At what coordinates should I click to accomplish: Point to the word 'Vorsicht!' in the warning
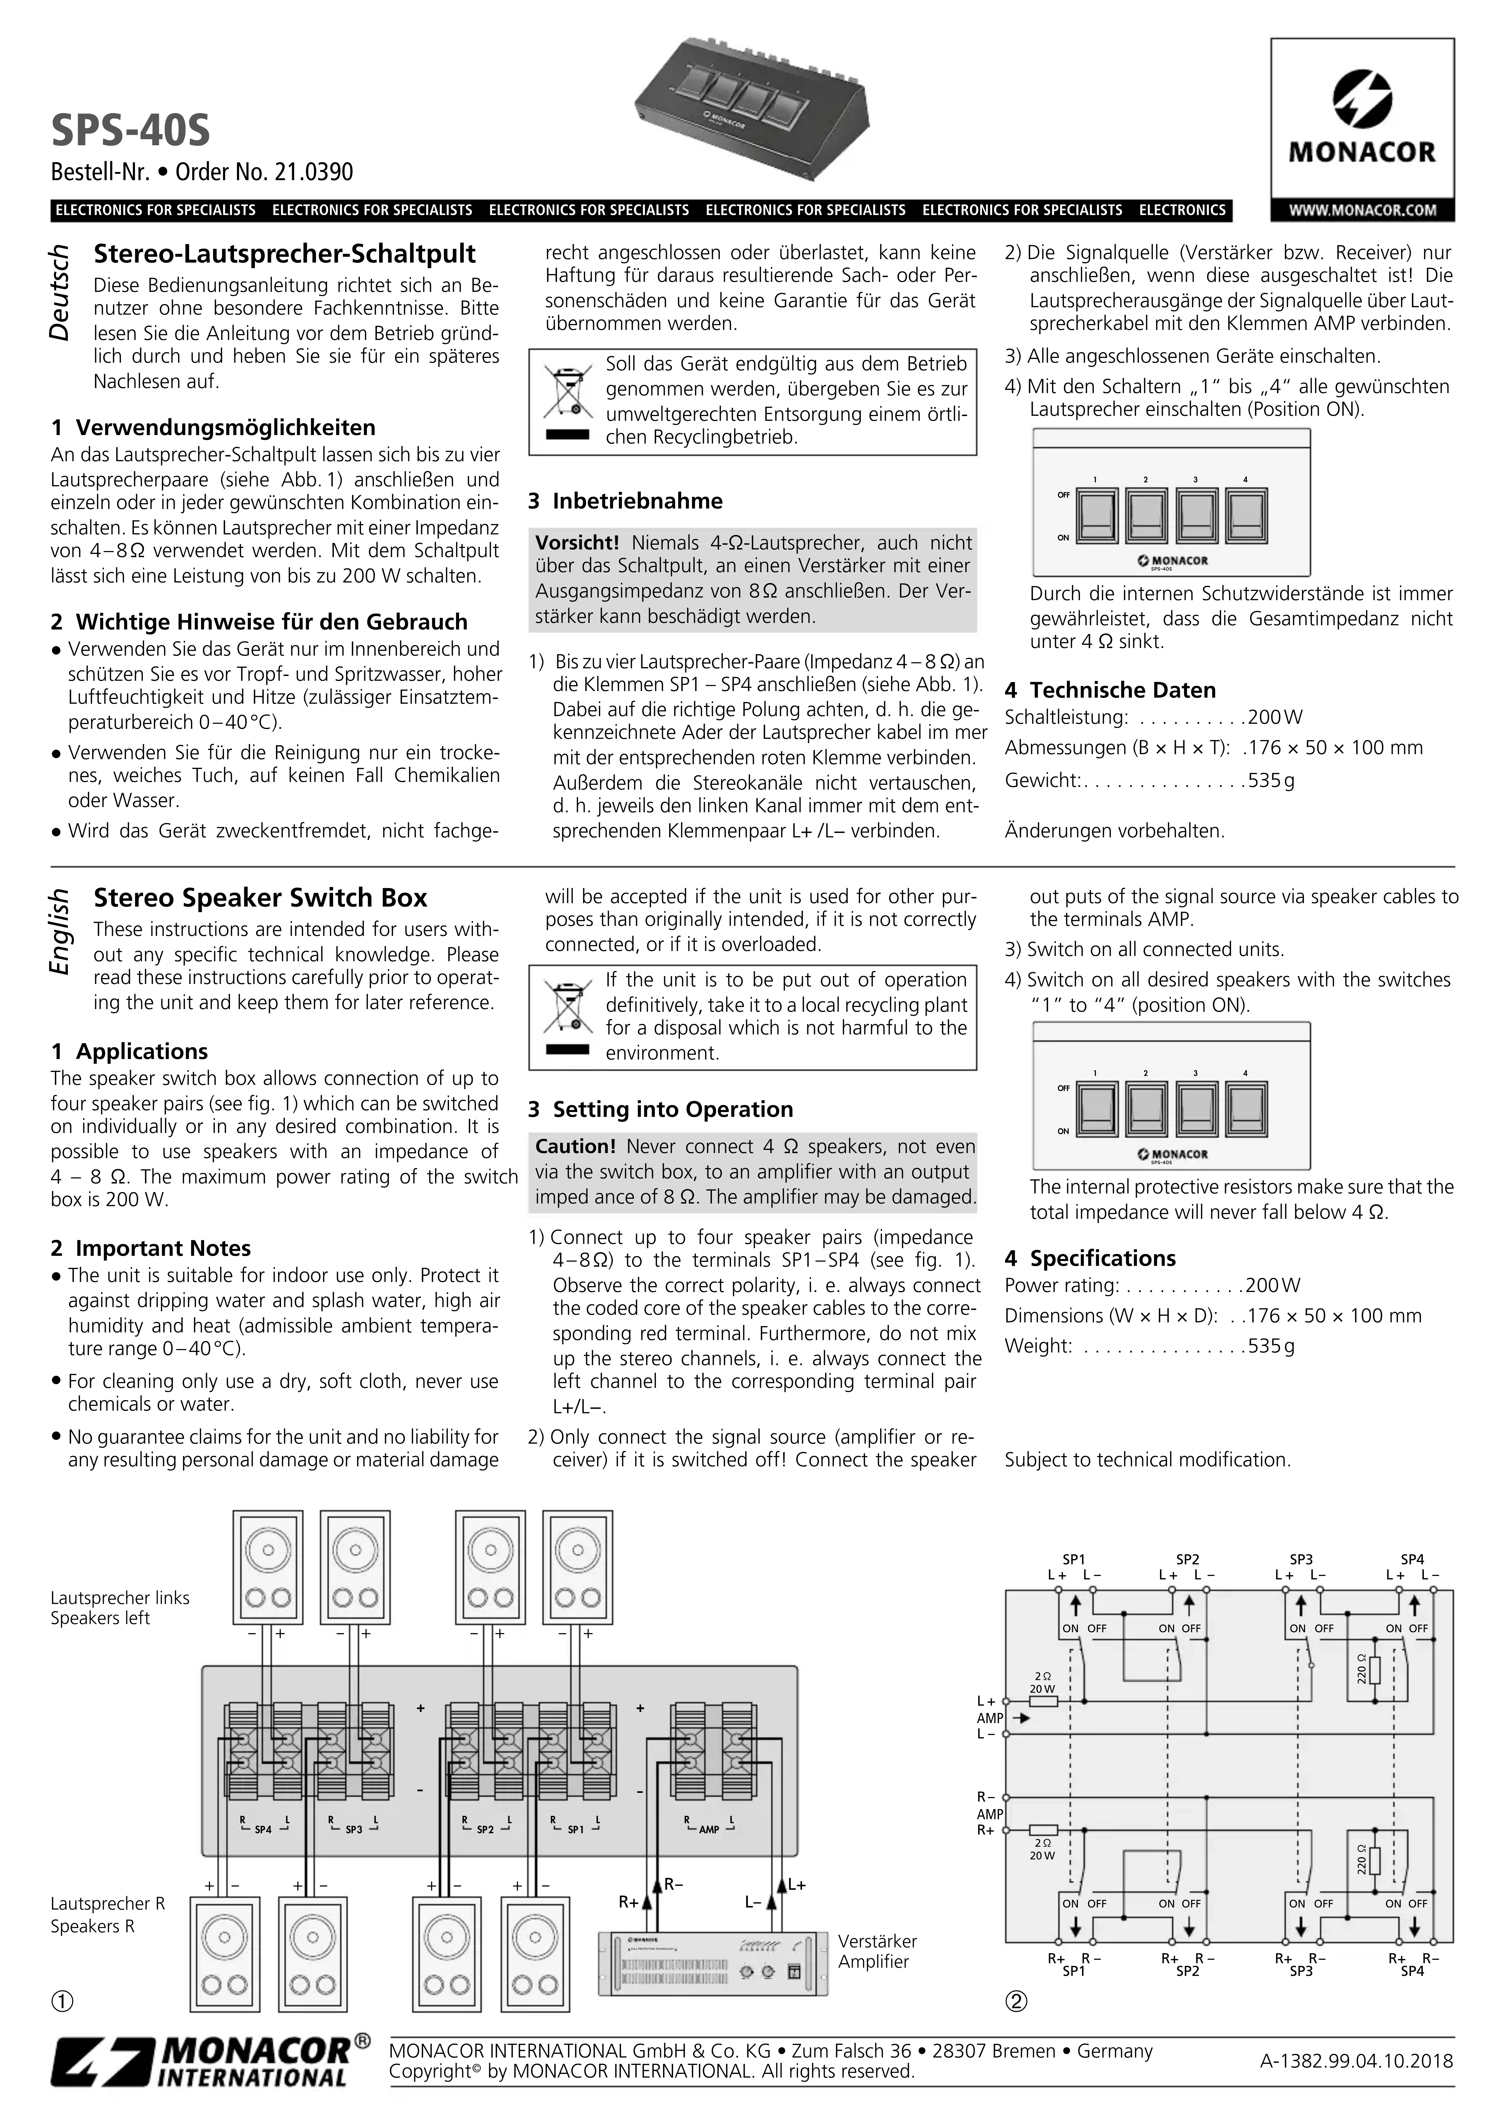tap(577, 543)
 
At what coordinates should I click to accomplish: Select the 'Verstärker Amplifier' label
tap(877, 1951)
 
